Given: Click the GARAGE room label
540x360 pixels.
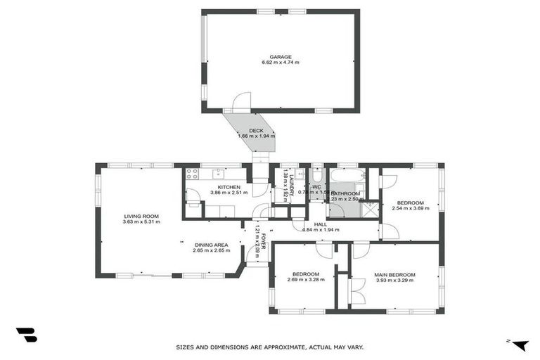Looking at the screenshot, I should tap(281, 57).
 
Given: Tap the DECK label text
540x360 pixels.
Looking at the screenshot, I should tap(256, 129).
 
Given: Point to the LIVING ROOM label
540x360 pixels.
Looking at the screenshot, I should tap(141, 216).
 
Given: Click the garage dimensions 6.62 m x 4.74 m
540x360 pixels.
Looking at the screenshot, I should tap(281, 63).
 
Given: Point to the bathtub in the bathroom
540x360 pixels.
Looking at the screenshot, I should tap(347, 175).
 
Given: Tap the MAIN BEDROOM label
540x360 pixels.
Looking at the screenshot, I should tap(394, 274).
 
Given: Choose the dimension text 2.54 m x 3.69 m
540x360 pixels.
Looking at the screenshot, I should tap(407, 208).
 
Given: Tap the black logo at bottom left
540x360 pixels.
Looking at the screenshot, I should tap(26, 335).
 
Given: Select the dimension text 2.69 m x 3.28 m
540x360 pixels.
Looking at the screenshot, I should tap(305, 280).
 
